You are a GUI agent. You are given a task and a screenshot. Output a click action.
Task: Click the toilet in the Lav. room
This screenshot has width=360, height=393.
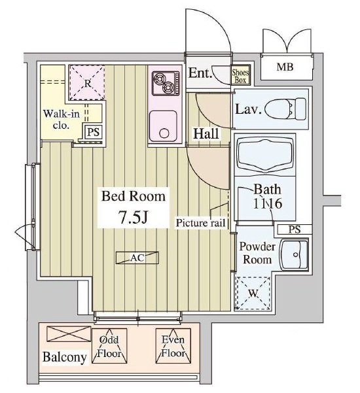[285, 109]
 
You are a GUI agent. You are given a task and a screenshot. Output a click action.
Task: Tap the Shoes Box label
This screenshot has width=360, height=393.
[240, 77]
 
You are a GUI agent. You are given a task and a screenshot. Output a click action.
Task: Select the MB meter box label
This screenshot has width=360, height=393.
[285, 67]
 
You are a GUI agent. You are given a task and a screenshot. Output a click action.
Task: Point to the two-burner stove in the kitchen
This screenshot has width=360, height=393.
[166, 83]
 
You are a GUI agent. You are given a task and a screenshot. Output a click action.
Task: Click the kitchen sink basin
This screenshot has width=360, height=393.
[164, 126]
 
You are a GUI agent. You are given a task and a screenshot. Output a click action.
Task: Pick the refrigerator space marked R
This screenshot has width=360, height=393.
[87, 82]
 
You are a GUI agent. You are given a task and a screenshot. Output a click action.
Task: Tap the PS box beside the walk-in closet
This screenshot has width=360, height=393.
[93, 131]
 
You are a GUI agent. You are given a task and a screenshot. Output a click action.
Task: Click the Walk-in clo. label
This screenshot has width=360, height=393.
[61, 119]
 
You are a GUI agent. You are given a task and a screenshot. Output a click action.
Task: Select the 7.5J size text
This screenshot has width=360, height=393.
[134, 217]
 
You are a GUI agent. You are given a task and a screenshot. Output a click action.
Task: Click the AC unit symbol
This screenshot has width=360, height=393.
[137, 258]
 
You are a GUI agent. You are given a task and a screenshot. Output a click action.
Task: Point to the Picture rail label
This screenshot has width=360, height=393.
[200, 222]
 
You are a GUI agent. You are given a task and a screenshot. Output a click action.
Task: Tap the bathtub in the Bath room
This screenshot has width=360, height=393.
[265, 155]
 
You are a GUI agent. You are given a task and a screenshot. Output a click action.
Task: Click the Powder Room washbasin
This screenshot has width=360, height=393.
[294, 254]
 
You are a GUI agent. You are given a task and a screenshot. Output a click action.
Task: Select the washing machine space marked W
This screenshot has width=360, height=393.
[253, 293]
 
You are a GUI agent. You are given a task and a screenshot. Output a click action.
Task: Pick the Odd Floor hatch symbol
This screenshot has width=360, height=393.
[109, 346]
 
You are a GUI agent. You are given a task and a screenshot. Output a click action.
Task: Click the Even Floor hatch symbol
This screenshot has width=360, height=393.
[173, 346]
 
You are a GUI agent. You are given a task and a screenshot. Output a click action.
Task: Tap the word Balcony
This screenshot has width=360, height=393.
[65, 357]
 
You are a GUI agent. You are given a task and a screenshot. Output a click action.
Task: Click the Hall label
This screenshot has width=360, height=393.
[206, 133]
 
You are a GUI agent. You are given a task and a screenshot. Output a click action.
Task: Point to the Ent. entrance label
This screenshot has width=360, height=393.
[200, 73]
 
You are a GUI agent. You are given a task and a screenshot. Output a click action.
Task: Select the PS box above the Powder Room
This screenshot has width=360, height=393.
[295, 229]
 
